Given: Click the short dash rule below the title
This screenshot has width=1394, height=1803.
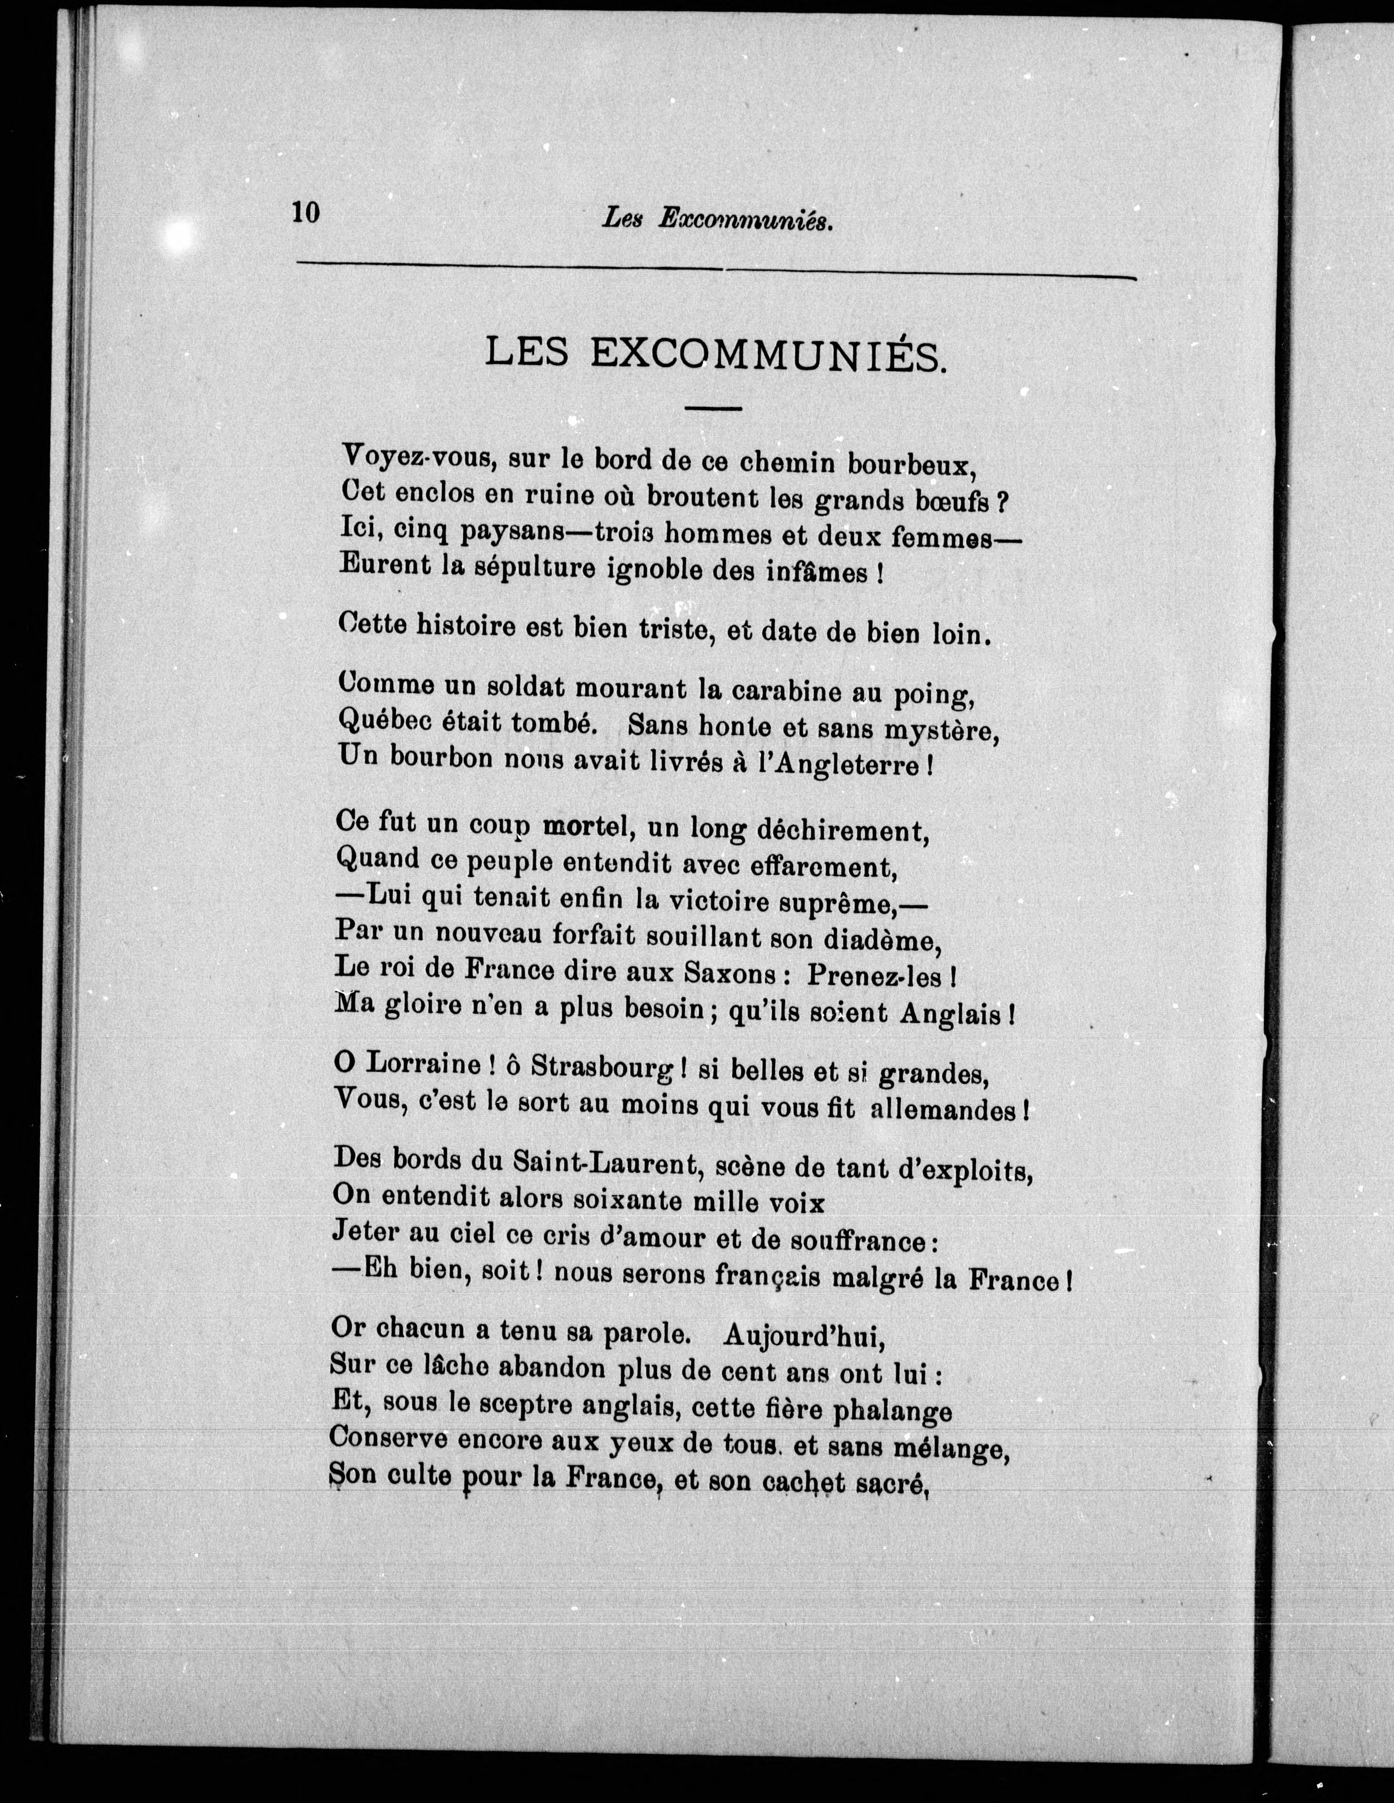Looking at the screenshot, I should coord(714,408).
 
